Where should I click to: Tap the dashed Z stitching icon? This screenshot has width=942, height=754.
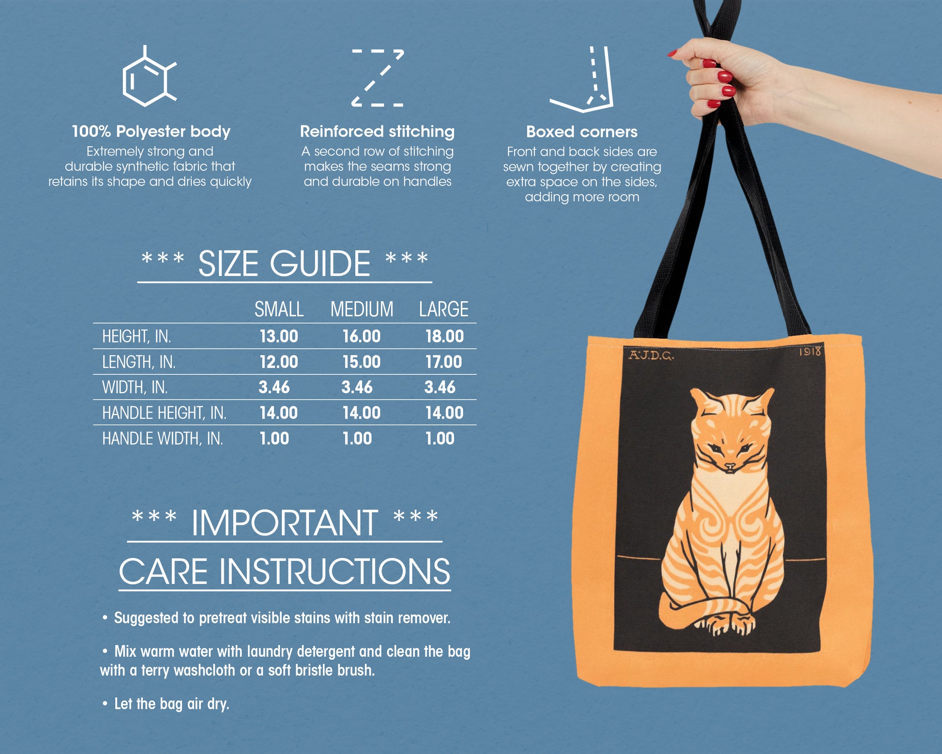(378, 77)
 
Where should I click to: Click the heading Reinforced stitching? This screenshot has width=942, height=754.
(377, 131)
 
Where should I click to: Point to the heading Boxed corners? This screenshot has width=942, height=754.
(582, 132)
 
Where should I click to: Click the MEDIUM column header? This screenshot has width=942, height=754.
(362, 309)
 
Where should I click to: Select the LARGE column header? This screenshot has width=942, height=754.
(443, 309)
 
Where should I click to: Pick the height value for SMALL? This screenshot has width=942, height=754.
(279, 336)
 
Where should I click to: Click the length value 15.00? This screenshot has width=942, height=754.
(362, 362)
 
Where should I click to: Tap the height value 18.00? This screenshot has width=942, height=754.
(444, 336)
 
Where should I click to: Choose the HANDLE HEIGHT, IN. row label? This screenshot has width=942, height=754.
(164, 413)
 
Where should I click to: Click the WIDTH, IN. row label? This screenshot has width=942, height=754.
(135, 387)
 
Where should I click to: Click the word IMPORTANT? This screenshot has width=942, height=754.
(285, 523)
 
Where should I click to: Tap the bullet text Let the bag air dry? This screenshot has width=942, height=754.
(171, 704)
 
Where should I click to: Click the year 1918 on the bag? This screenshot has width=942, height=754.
(810, 351)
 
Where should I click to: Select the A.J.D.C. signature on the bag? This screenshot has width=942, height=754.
(651, 355)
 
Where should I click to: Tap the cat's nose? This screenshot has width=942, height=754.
(730, 467)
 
